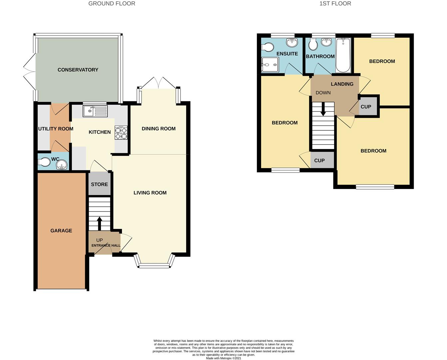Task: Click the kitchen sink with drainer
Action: click(x=95, y=111)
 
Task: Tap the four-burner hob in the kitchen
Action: click(x=121, y=133)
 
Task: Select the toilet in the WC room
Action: click(x=44, y=162)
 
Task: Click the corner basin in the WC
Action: click(x=62, y=165)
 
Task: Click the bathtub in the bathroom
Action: click(x=343, y=55)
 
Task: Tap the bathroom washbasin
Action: click(x=326, y=42)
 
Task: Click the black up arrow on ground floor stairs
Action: click(x=99, y=224)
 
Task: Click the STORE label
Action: click(x=99, y=184)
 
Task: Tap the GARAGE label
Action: click(x=61, y=231)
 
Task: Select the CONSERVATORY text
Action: click(x=78, y=70)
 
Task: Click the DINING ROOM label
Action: click(x=159, y=129)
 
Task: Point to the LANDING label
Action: click(x=342, y=84)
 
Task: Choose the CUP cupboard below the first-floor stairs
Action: click(x=322, y=160)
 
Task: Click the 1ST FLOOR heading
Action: click(x=335, y=4)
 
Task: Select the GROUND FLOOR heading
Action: click(x=112, y=4)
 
